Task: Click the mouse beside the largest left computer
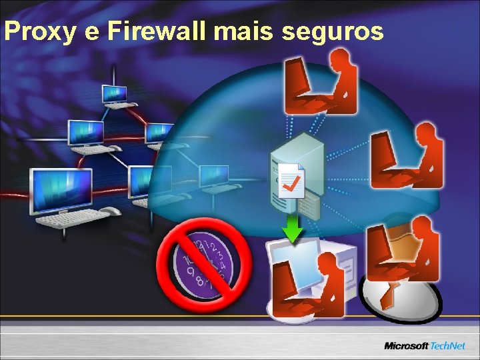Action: coord(111,211)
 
